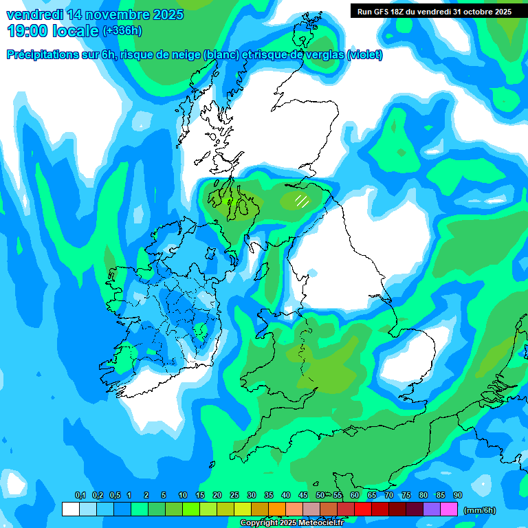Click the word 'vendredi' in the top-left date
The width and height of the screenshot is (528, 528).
tap(32, 14)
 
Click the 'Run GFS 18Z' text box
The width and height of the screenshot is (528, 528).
tap(434, 11)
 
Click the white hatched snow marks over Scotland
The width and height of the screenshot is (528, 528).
tap(301, 201)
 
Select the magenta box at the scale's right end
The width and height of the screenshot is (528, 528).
tap(449, 509)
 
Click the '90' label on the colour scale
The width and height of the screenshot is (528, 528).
tap(458, 495)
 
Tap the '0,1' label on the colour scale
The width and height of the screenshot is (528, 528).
tap(80, 495)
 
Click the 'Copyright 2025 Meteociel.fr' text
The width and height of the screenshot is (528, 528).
tap(292, 522)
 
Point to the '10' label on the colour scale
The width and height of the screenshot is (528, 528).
tap(183, 495)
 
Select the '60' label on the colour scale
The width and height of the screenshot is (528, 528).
tap(355, 495)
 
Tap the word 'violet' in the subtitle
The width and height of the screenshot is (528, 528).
tap(365, 55)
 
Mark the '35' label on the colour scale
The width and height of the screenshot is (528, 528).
tap(269, 495)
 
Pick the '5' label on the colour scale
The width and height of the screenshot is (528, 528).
tap(164, 495)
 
